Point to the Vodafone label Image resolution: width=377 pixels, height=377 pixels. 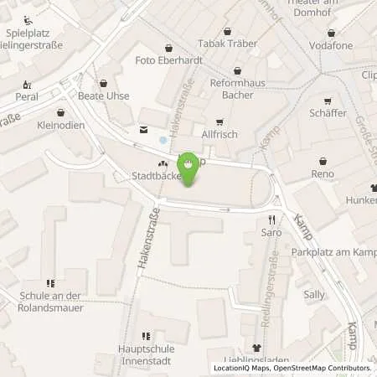coord(331,44)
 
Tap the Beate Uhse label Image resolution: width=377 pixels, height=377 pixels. coord(103,96)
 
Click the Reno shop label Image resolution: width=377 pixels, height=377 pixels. coord(323,173)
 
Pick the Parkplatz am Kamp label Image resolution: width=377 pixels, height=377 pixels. coord(333,252)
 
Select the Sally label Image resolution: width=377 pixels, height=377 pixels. coord(314,294)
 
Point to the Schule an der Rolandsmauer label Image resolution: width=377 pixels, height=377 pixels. coord(50,295)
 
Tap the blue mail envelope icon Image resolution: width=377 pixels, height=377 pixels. coord(142,129)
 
